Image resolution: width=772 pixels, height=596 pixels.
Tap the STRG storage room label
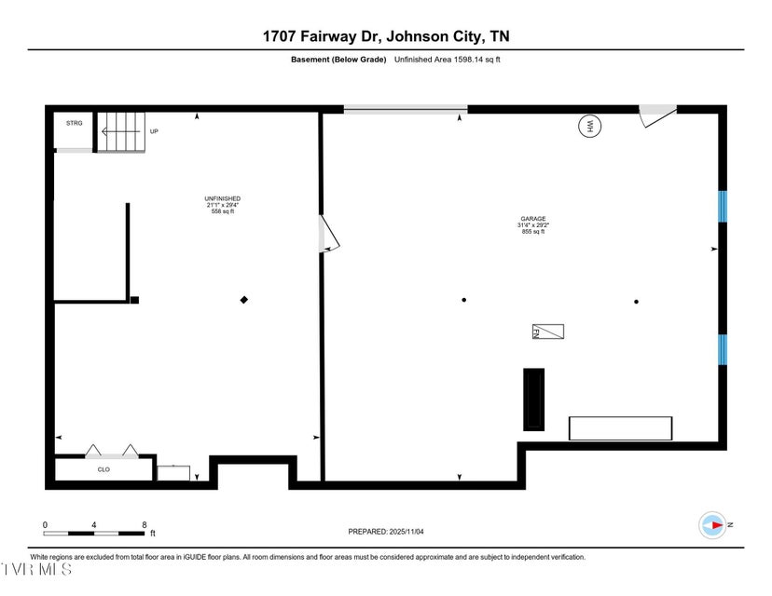pos(74,123)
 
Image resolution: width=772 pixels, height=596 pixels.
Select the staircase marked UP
pos(121,131)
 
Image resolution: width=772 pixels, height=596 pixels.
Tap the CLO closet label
pos(104,469)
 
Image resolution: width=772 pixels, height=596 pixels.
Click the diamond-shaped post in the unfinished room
pos(244,300)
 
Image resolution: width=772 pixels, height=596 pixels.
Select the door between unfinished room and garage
pos(328,234)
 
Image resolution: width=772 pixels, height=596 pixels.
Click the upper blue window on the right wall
pos(722,206)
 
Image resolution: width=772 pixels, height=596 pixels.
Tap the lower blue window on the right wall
pos(722,349)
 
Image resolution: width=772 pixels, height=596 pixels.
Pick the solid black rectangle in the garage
pos(533,400)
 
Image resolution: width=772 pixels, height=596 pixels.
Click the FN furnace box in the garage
pos(548,332)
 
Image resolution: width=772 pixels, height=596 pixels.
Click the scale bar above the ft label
pos(94,533)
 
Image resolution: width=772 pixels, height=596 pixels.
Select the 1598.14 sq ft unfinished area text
pos(448,60)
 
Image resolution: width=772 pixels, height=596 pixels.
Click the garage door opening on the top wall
pos(405,110)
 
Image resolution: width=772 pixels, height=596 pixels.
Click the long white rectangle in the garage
pos(620,428)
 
